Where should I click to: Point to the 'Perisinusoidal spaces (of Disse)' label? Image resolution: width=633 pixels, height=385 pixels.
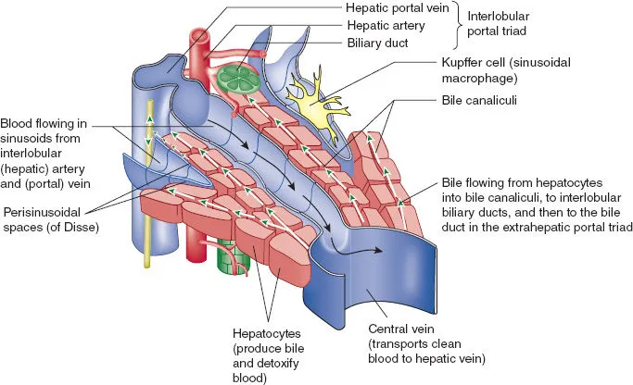tap(49, 217)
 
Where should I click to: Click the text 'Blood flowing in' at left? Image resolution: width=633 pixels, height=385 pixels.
tap(44, 122)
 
